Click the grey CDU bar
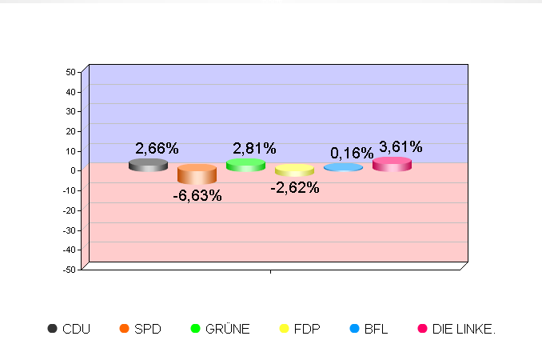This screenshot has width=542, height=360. pos(148,166)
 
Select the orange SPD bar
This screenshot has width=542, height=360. pos(197,174)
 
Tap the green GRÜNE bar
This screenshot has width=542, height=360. pos(245,165)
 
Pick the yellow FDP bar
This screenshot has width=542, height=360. pos(294,170)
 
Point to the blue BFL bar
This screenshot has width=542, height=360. pos(343,168)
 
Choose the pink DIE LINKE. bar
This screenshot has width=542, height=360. pos(392,165)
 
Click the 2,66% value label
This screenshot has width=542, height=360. pos(157,148)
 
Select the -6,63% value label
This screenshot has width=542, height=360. pos(197,195)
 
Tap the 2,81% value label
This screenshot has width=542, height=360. pos(254,148)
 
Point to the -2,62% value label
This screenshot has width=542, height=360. pos(295,188)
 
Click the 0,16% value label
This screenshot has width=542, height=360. pos(352,153)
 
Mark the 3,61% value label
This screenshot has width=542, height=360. pos(401,146)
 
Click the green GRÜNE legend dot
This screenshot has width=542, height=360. pos(195,329)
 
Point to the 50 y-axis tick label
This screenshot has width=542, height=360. pos(70,72)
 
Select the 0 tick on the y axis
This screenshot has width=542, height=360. pos(73,170)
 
